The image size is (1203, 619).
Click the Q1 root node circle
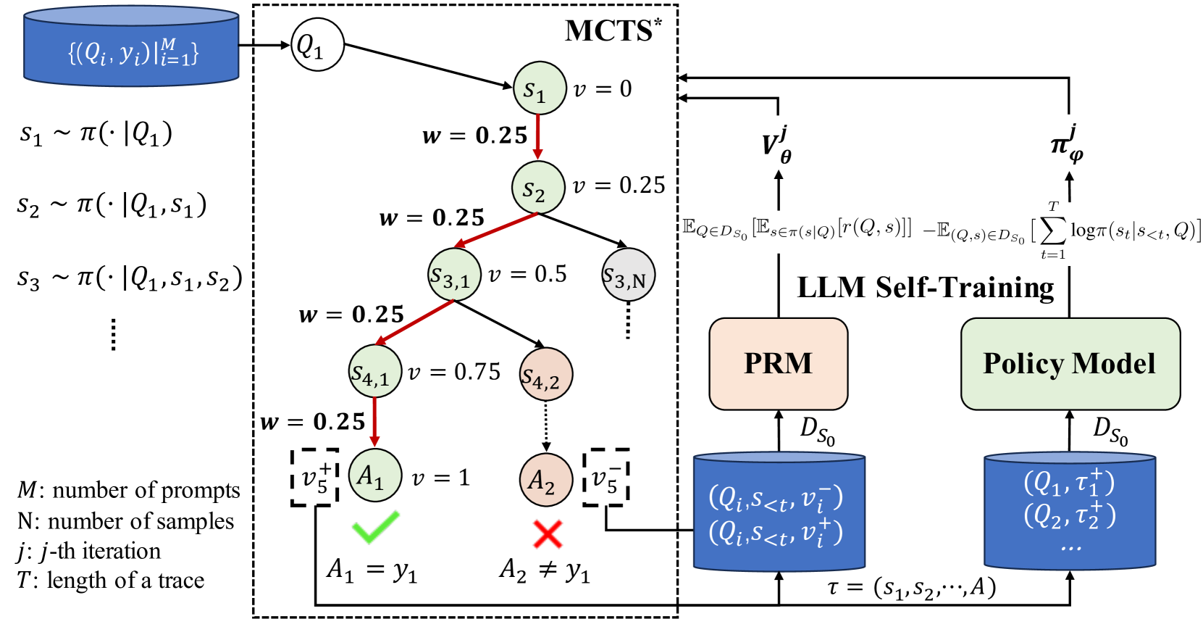317,45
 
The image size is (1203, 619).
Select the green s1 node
539,88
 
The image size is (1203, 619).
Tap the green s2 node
537,188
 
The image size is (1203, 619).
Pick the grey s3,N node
628,275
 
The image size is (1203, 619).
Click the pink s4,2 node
546,375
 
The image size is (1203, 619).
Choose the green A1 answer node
374,475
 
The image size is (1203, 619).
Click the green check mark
375,527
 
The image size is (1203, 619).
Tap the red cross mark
548,534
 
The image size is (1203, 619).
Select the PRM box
778,364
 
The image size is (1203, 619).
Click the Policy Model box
1070,364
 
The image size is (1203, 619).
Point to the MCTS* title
613,30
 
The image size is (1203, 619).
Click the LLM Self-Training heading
925,288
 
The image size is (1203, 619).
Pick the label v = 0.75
454,372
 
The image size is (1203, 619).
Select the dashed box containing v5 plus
315,478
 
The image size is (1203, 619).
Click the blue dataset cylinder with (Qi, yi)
131,48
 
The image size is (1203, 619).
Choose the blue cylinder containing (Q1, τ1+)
1069,510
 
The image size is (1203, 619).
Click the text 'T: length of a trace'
110,581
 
